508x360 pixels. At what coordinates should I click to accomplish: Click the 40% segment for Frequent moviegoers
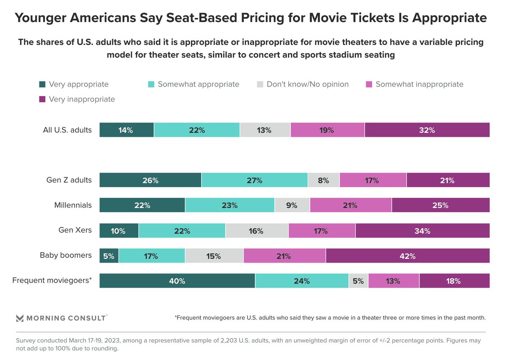(177, 281)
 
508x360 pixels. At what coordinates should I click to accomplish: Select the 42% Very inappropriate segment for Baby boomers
(408, 256)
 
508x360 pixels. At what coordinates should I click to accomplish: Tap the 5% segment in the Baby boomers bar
(109, 256)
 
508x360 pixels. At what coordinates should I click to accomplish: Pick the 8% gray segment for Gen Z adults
(323, 180)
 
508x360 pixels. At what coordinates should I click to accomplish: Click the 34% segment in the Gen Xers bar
(422, 231)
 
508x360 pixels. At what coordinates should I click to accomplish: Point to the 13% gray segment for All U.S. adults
(265, 130)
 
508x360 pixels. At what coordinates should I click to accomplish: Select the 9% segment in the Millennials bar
(292, 205)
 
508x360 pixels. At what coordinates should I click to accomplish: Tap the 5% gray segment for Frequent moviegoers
(358, 281)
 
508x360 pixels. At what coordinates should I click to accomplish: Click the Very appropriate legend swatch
(42, 84)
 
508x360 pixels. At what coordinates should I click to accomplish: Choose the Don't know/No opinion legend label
(307, 84)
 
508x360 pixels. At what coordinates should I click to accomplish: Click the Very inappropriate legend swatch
(42, 100)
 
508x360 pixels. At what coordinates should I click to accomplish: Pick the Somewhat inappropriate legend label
(419, 84)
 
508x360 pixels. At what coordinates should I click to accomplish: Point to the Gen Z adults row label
(69, 180)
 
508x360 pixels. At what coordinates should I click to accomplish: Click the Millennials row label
(73, 205)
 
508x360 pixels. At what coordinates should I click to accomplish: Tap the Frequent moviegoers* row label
(52, 280)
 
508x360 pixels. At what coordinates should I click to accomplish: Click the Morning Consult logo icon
(19, 318)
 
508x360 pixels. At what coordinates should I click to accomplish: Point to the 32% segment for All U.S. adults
(427, 130)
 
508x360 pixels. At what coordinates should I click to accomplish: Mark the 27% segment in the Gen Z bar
(254, 180)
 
